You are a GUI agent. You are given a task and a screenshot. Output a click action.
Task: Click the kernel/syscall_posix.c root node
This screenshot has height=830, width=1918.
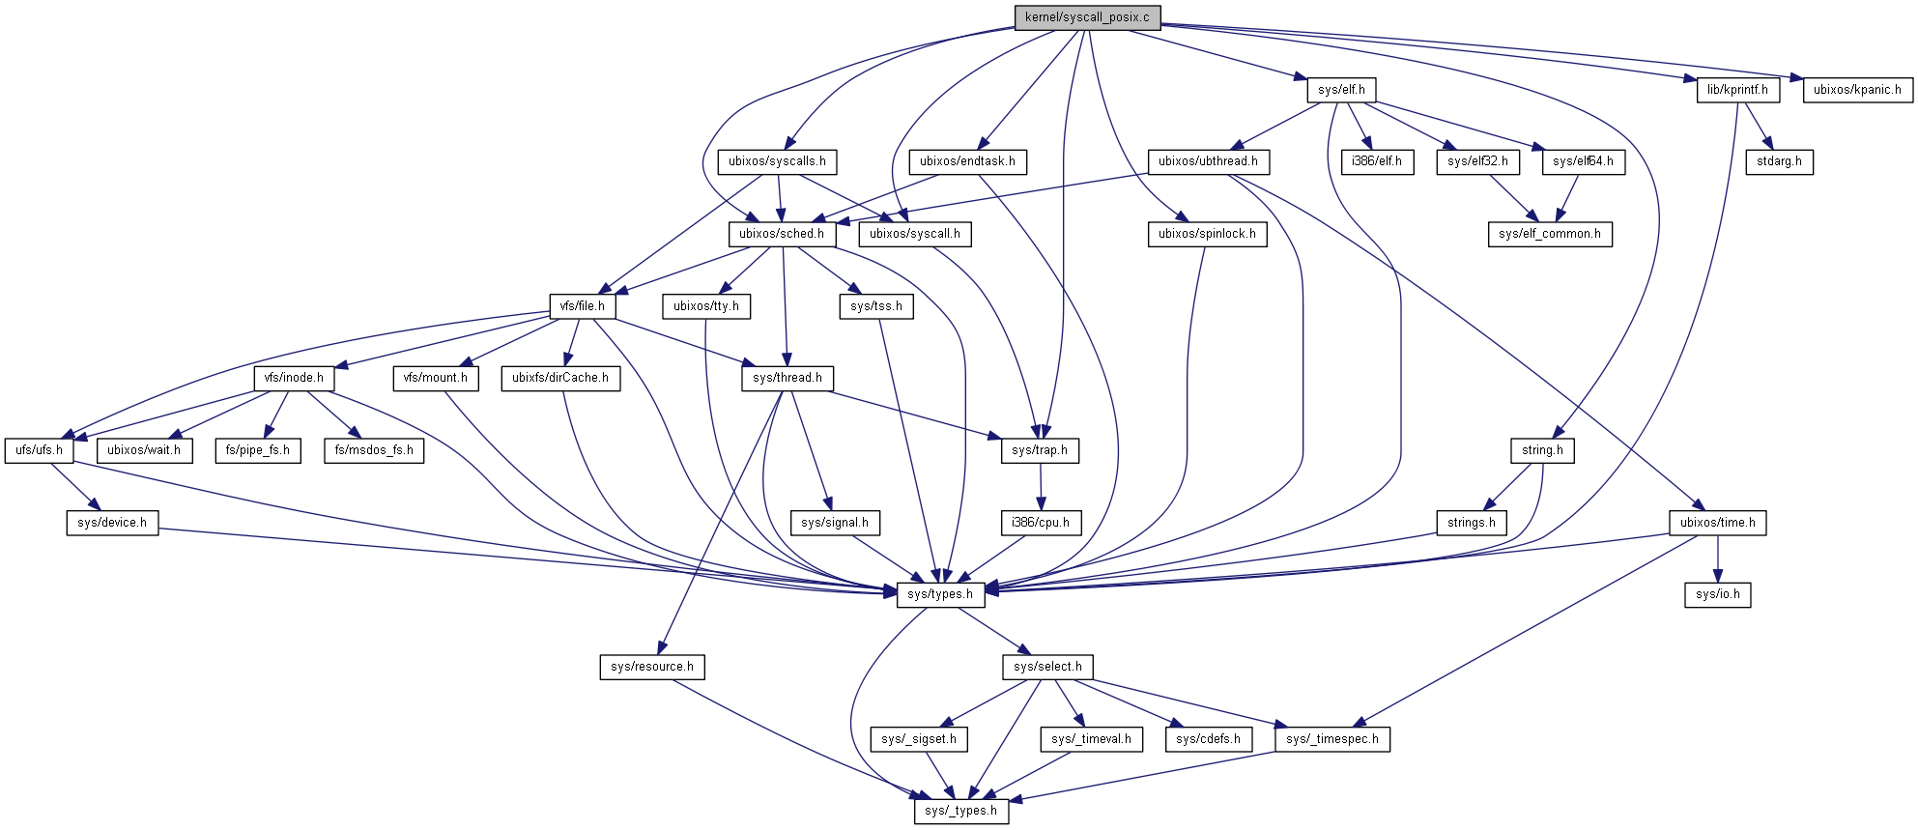tap(1087, 17)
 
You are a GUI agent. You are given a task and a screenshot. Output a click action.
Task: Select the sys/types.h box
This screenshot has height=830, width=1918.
tap(940, 594)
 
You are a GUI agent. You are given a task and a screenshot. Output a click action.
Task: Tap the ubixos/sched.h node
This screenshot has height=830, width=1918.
tap(781, 234)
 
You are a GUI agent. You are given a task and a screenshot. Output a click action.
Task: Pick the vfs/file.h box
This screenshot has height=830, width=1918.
tap(582, 306)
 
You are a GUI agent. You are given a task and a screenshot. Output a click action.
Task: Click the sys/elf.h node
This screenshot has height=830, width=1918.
tap(1341, 90)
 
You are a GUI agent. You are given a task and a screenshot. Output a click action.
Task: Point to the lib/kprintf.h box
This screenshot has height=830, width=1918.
tap(1737, 90)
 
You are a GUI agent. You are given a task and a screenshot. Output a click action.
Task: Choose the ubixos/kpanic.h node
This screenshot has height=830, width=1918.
tap(1857, 90)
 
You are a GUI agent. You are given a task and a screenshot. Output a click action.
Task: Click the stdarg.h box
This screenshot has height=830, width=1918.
tap(1779, 161)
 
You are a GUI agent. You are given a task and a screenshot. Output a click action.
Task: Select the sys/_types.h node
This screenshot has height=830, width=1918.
tap(960, 811)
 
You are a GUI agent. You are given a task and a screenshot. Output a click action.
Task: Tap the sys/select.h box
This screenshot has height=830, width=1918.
tap(1047, 667)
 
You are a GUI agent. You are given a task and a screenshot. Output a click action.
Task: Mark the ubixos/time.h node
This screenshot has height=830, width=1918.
tap(1717, 523)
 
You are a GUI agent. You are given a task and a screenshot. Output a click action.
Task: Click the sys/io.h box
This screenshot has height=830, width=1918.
tap(1717, 594)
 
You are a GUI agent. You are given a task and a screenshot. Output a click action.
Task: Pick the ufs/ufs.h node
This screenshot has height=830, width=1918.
tap(39, 450)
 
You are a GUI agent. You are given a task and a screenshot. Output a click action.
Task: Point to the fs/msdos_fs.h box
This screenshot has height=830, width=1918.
tap(374, 450)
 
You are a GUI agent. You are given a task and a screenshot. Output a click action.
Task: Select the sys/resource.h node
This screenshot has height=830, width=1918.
tap(652, 667)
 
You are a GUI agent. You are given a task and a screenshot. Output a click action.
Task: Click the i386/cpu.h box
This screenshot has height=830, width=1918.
tap(1041, 523)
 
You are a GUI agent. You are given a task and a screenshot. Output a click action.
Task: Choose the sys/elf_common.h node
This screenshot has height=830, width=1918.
tap(1549, 234)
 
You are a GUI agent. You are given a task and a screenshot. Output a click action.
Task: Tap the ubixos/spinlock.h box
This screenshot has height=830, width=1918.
tap(1207, 234)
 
